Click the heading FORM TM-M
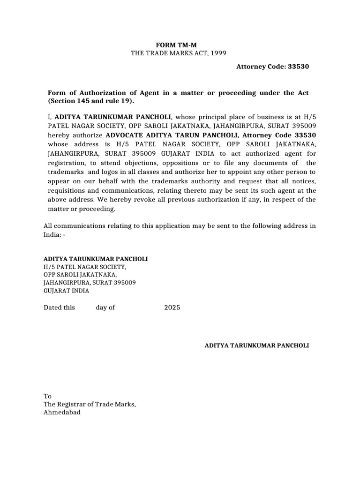tap(173, 45)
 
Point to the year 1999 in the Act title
tap(218, 53)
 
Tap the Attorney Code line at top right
tap(272, 67)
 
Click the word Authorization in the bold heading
tap(97, 93)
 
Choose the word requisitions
tap(67, 191)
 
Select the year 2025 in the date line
tap(172, 307)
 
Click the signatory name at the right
tap(257, 345)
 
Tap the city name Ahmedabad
tap(62, 412)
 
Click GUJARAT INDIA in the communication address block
tap(66, 291)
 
